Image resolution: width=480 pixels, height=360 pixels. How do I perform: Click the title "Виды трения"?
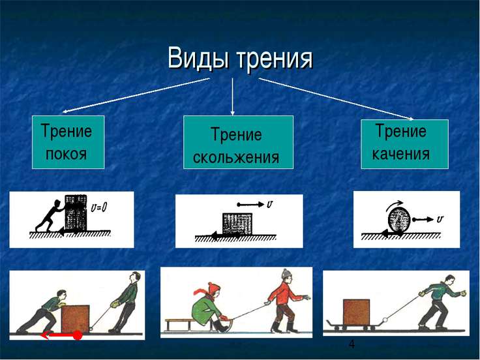[240, 58]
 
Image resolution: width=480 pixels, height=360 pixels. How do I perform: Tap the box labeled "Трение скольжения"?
[238, 143]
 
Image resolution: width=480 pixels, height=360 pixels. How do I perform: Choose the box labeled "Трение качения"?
[404, 143]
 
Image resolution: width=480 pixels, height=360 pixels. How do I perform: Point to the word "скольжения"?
[236, 157]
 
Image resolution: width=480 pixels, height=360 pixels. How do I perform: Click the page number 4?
[352, 344]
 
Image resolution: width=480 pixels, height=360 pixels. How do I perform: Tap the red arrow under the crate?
[61, 335]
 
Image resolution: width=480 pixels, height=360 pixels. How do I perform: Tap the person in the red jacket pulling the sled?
[282, 303]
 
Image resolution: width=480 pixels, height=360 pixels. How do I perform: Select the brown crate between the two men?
[75, 318]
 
